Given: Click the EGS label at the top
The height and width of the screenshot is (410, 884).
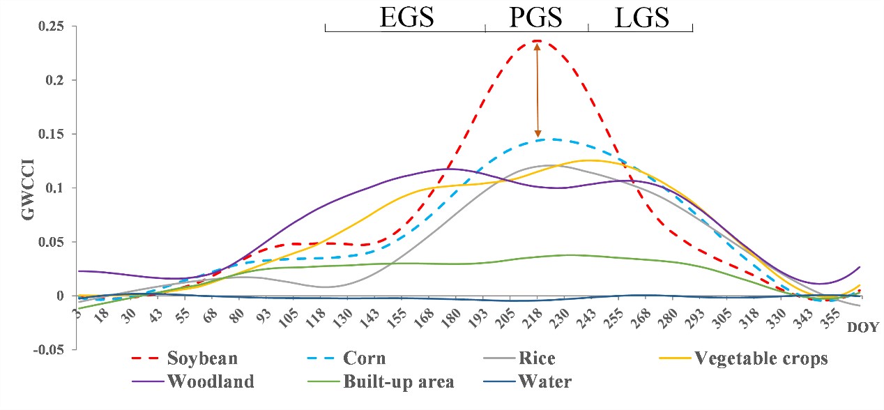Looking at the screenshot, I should coord(406,17).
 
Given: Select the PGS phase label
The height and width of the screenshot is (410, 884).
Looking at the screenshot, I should coord(535,17).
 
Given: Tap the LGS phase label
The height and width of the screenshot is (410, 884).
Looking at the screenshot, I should coord(641,17).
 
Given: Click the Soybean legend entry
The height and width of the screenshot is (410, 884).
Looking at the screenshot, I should coord(201,359).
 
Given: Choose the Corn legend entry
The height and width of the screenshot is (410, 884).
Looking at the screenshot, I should coord(363,359).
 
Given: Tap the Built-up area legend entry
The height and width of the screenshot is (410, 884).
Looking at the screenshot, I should coord(397,381).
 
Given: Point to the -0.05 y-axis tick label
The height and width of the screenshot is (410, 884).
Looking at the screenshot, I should coord(48,349).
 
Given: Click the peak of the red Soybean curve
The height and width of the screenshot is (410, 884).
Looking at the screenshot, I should coord(537,41).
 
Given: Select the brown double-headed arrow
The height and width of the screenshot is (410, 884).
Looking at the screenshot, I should coord(537,91).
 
